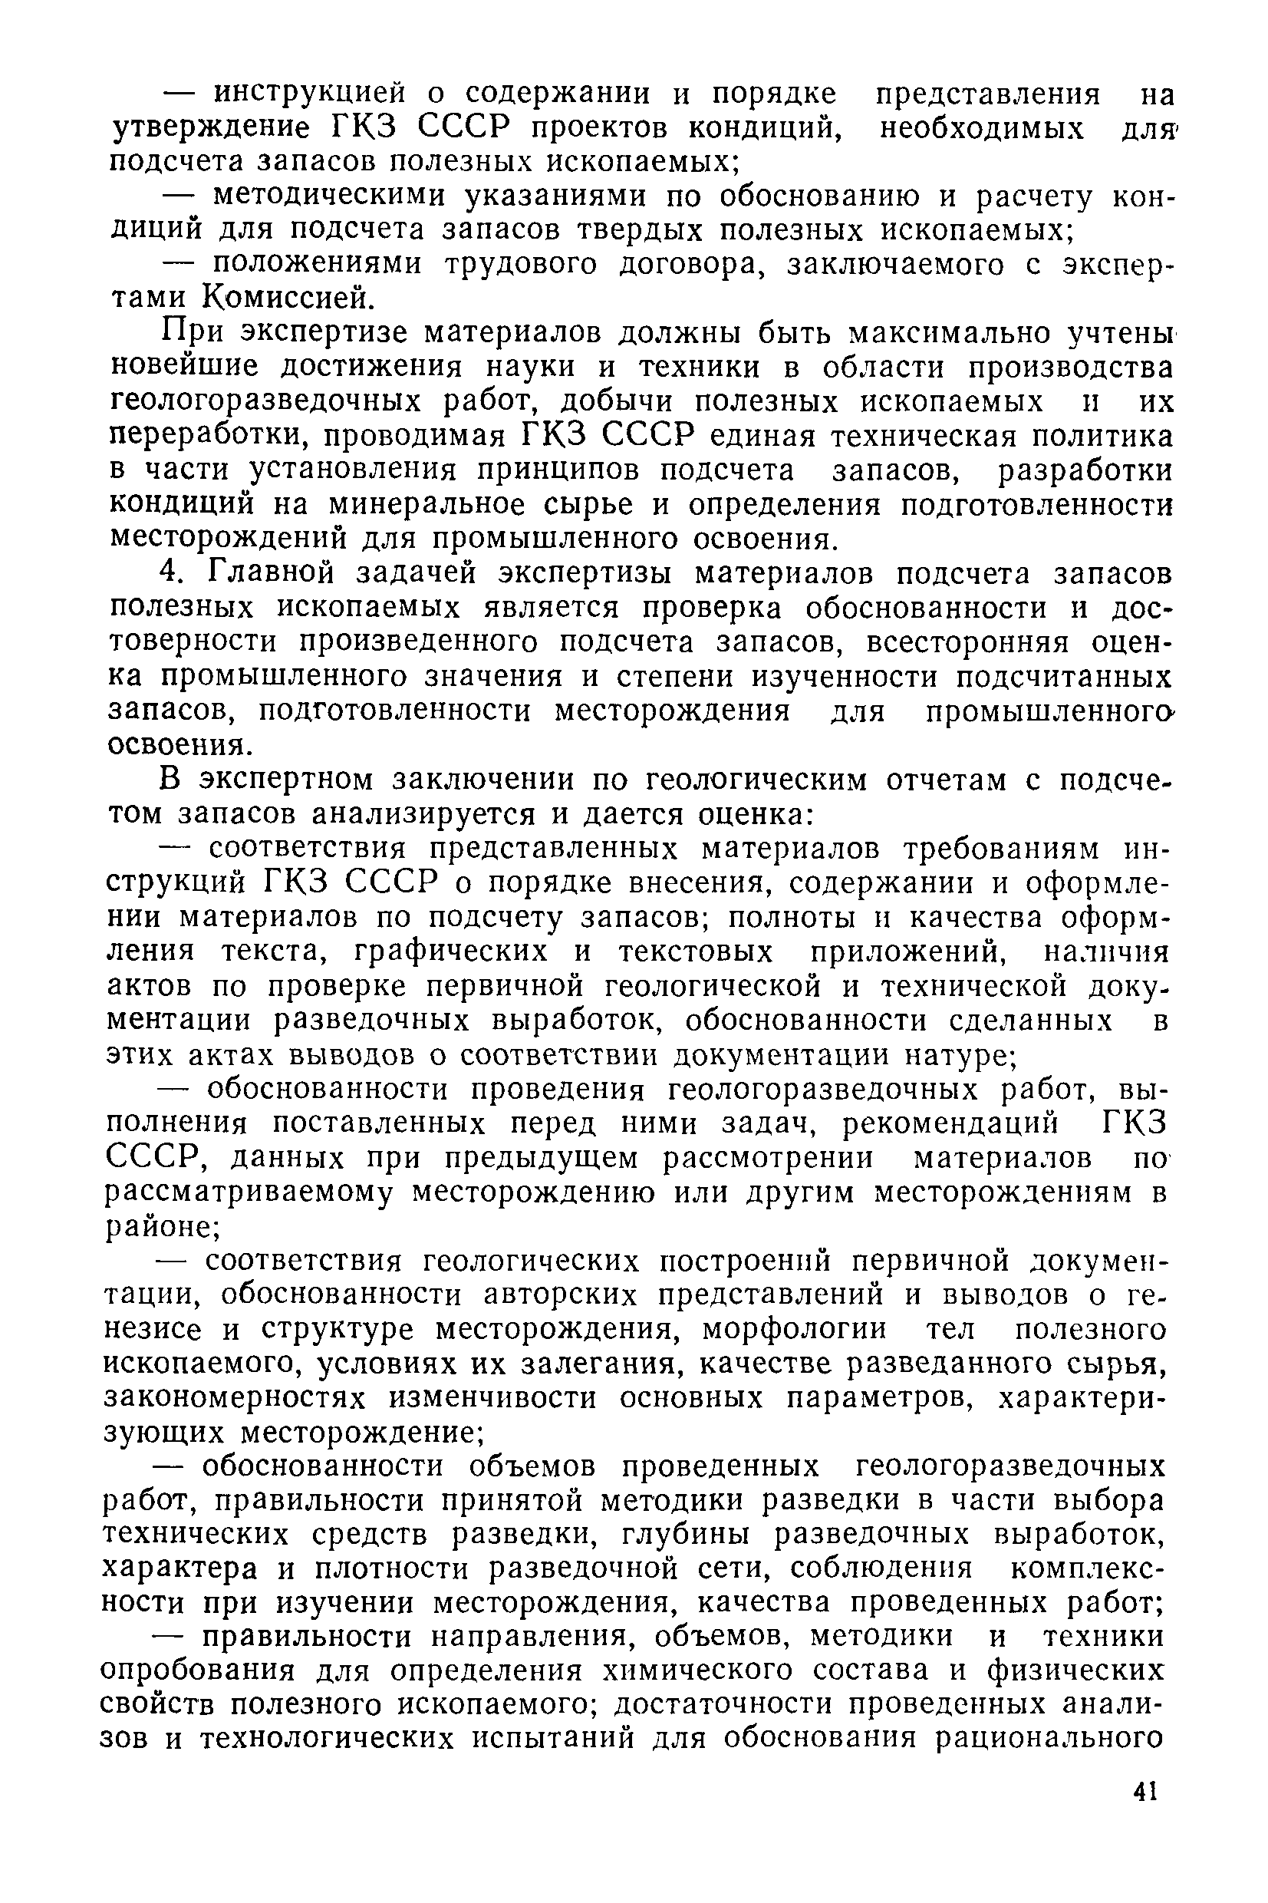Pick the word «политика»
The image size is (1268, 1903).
1104,436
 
